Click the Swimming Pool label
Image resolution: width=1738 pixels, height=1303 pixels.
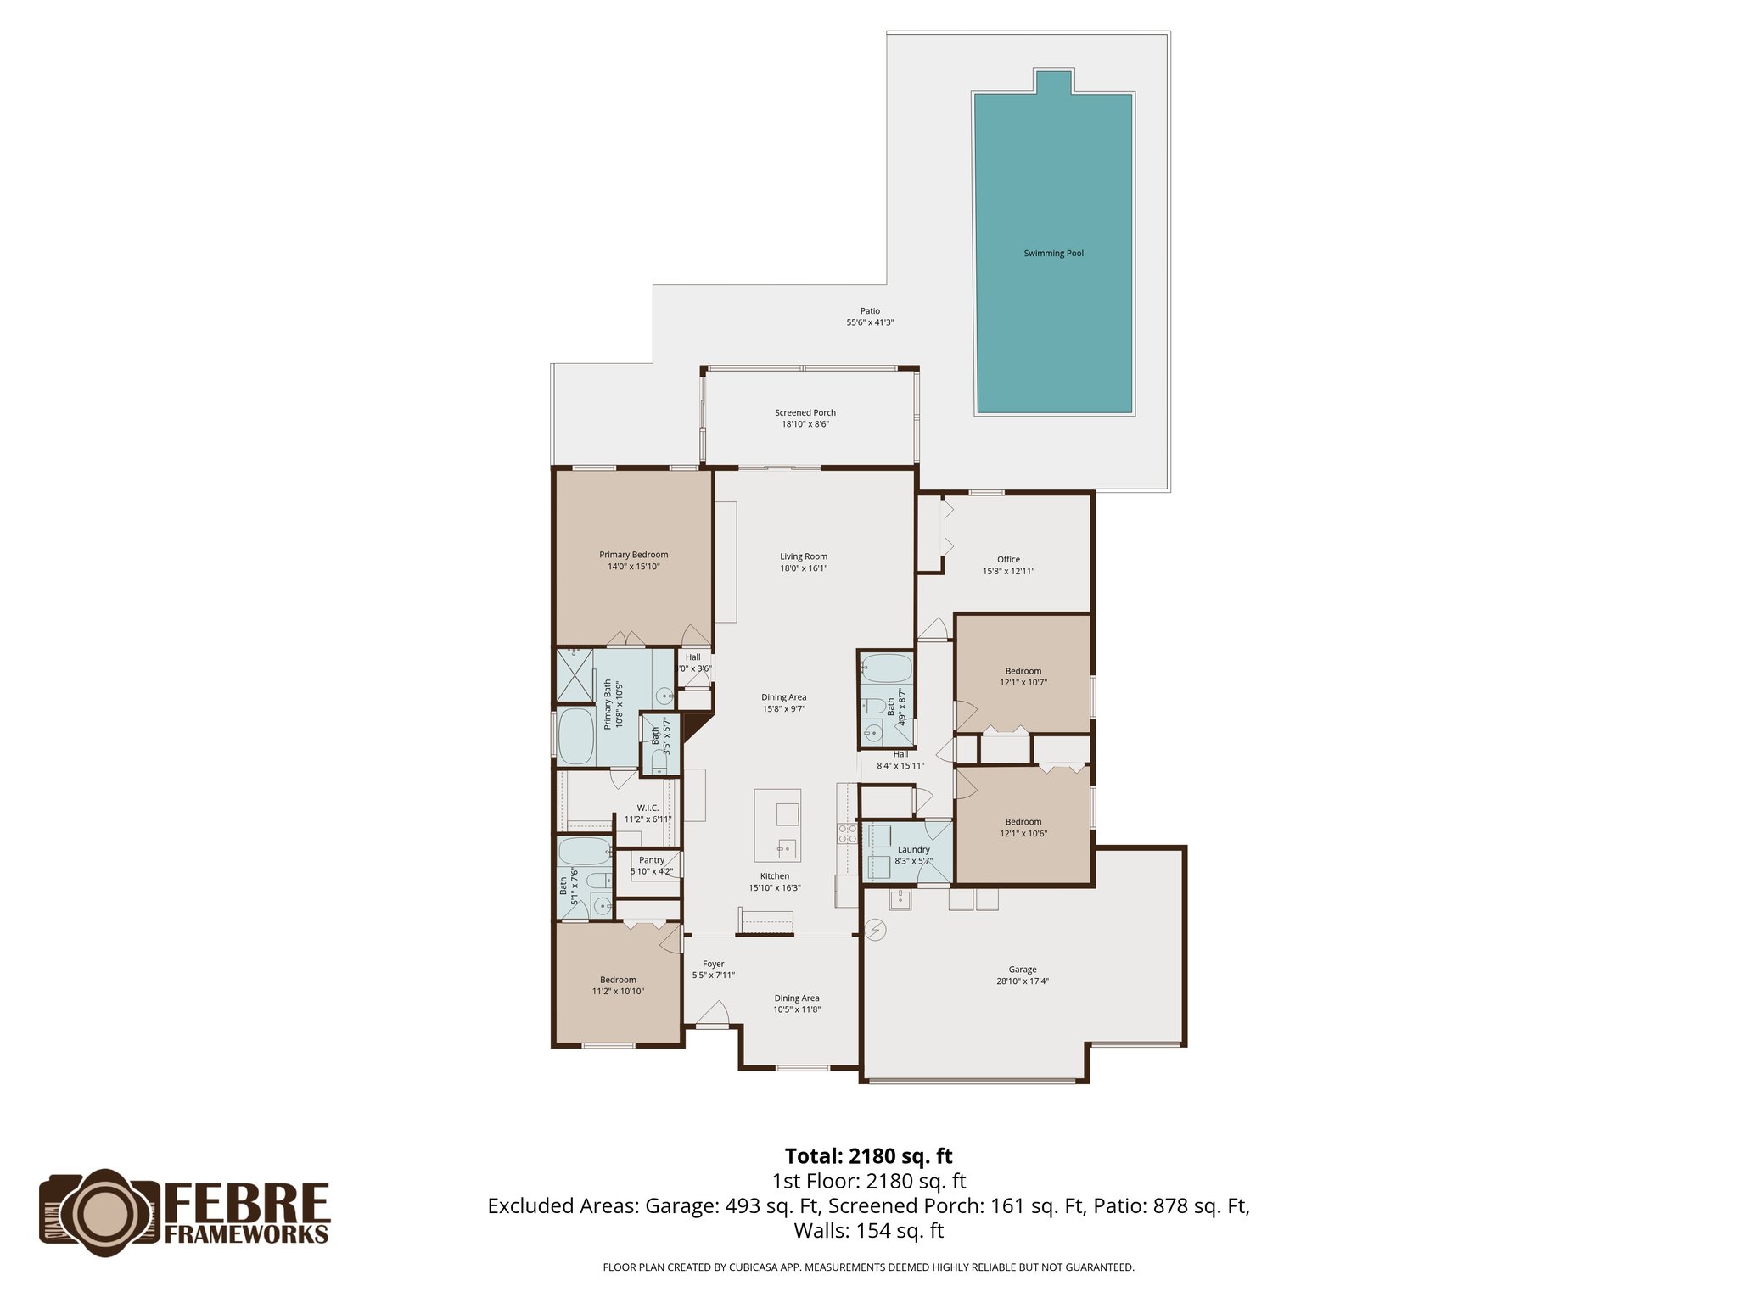pyautogui.click(x=1053, y=254)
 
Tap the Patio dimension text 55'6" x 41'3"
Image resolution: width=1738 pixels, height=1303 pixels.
pyautogui.click(x=870, y=323)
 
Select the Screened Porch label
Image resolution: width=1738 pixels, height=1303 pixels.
pyautogui.click(x=805, y=413)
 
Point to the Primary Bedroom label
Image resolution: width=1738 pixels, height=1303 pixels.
pyautogui.click(x=633, y=556)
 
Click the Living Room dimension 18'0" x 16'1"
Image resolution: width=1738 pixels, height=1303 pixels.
pyautogui.click(x=804, y=568)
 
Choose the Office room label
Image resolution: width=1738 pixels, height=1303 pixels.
pyautogui.click(x=1008, y=560)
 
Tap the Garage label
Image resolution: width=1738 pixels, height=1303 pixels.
pyautogui.click(x=1022, y=970)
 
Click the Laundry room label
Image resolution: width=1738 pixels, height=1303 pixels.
pyautogui.click(x=913, y=850)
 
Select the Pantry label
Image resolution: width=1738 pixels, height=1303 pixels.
pyautogui.click(x=652, y=860)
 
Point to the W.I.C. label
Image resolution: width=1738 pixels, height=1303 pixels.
pyautogui.click(x=648, y=808)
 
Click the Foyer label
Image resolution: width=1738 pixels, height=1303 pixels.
pyautogui.click(x=713, y=965)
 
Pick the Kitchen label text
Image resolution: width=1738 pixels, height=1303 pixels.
pyautogui.click(x=774, y=876)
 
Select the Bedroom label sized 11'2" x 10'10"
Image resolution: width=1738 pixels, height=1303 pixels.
pyautogui.click(x=618, y=981)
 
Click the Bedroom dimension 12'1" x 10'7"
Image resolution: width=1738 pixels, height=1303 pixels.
pyautogui.click(x=1023, y=683)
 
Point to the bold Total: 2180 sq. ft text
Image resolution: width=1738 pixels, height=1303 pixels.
pyautogui.click(x=868, y=1156)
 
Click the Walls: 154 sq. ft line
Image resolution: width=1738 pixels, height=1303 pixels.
pyautogui.click(x=868, y=1231)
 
